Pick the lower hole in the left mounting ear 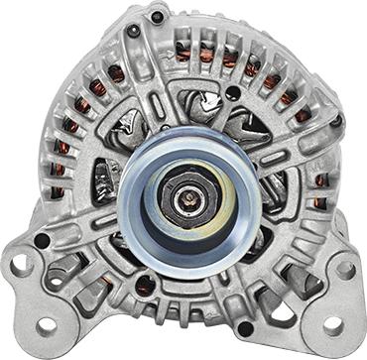click(x=47, y=325)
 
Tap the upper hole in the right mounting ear click(x=345, y=268)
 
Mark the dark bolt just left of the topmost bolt click(x=132, y=31)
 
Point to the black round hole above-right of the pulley click(x=232, y=93)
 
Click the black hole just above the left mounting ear click(x=42, y=241)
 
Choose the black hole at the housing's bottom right click(x=245, y=328)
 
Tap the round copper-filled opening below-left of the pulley click(x=145, y=285)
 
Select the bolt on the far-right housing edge click(x=336, y=121)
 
